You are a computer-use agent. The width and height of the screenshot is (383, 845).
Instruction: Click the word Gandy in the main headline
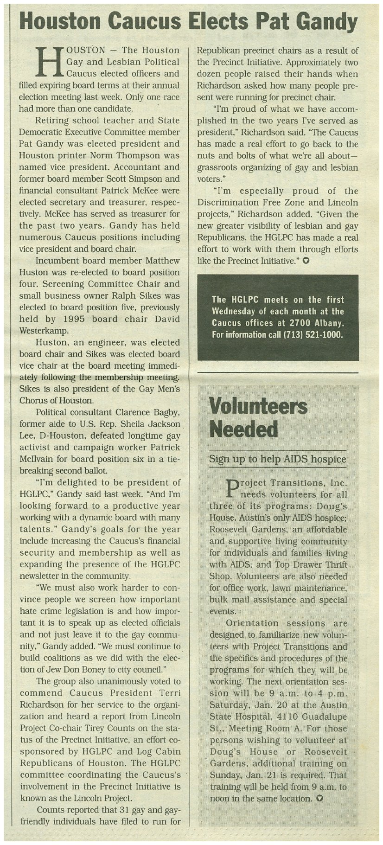[x=326, y=22]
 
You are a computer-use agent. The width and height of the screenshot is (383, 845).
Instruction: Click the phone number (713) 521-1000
[x=313, y=334]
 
